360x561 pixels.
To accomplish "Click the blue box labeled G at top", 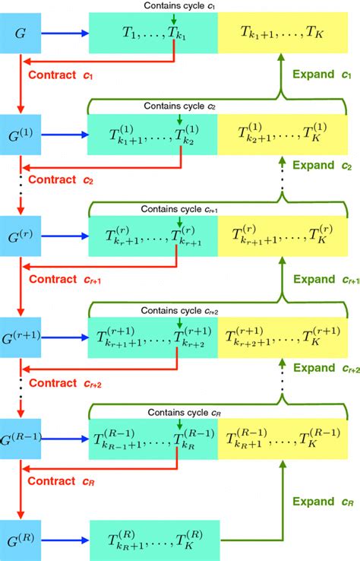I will [x=20, y=34].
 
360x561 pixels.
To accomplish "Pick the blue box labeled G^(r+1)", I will [x=20, y=334].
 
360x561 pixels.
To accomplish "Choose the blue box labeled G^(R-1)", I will [x=20, y=439].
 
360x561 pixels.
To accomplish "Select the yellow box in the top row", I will [x=288, y=34].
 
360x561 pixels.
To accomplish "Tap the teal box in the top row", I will [x=153, y=34].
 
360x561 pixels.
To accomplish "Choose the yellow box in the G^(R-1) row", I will [x=288, y=439].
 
